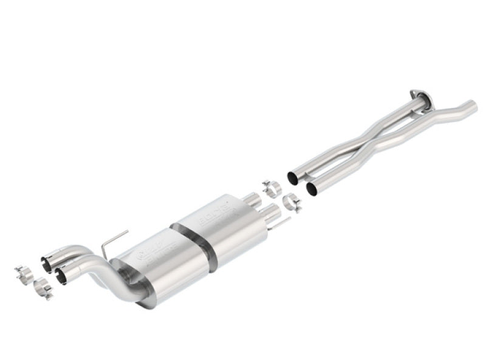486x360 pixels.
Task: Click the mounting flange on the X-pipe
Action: (x=419, y=95)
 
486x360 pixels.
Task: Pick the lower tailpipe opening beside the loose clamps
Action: (x=60, y=276)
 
